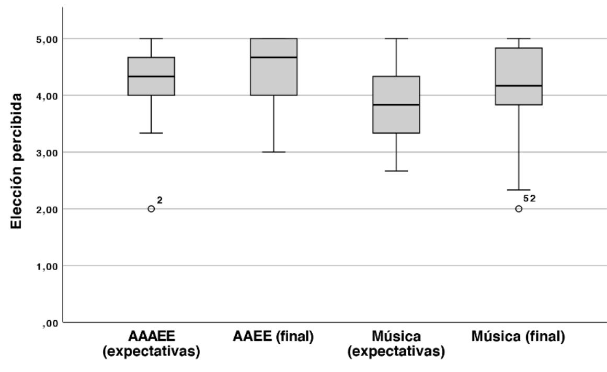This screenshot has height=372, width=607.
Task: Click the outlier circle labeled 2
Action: click(x=151, y=209)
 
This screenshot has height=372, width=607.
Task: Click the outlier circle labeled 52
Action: click(x=519, y=209)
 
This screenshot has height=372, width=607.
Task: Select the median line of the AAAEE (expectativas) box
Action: click(x=151, y=76)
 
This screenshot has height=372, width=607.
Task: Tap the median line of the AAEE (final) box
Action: click(x=273, y=58)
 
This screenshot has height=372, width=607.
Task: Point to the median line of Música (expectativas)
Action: click(x=396, y=105)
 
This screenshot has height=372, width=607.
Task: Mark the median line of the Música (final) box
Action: click(x=519, y=86)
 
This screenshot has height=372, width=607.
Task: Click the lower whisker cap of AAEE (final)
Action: click(x=273, y=152)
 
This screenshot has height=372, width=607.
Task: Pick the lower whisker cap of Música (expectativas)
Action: click(x=396, y=171)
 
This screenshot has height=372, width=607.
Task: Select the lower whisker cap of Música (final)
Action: click(x=519, y=190)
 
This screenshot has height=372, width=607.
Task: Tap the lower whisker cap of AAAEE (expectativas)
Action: click(x=151, y=133)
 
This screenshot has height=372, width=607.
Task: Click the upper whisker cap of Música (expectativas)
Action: click(x=396, y=39)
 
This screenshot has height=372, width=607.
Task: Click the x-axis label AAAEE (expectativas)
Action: click(x=151, y=345)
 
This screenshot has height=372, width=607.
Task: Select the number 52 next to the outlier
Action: click(x=530, y=198)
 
